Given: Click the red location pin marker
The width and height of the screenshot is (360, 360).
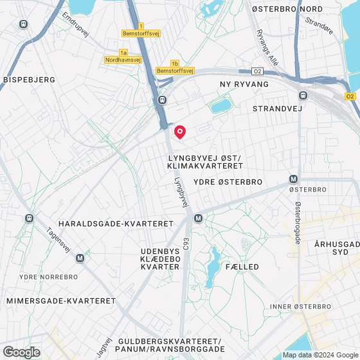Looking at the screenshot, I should (180, 132).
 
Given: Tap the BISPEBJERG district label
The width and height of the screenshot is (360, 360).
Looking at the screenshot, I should (30, 80).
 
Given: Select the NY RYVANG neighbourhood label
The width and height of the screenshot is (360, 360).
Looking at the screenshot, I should (244, 84).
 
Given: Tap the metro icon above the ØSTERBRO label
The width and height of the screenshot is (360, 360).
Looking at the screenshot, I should (294, 179).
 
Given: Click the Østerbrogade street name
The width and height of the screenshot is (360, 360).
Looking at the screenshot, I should (298, 222).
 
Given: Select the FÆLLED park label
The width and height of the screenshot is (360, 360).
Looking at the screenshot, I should (242, 266).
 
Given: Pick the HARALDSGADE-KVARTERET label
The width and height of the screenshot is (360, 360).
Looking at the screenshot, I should (116, 223).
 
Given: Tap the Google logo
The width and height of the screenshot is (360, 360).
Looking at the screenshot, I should (21, 352).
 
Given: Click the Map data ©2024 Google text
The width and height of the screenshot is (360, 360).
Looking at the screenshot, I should (319, 355).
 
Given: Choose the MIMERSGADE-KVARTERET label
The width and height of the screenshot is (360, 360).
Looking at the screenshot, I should (60, 300).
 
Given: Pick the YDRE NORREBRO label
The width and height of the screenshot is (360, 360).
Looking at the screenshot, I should (49, 277).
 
